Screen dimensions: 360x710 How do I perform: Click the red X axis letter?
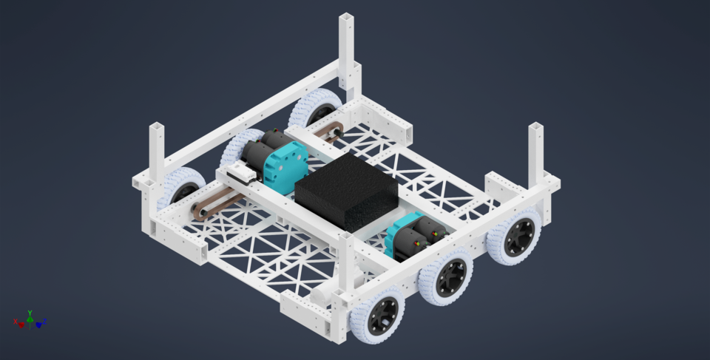(x=16, y=322)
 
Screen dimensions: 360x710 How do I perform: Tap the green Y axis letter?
(x=30, y=312)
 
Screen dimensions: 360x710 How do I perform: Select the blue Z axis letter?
(x=45, y=322)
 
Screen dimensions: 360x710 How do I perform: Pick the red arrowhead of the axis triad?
(x=21, y=325)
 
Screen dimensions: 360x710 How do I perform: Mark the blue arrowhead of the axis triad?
(x=39, y=325)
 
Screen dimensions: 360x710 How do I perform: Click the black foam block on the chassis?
(x=346, y=191)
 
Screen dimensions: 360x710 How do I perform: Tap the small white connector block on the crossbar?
(x=241, y=174)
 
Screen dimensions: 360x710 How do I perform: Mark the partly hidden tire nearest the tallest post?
(x=317, y=108)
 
